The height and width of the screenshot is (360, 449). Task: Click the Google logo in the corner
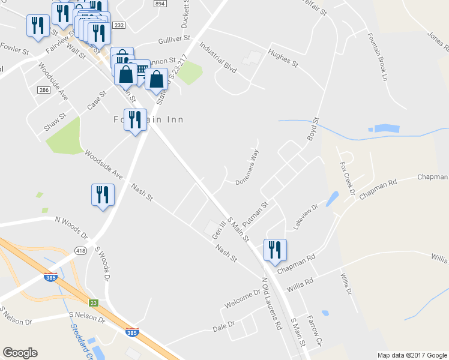coord(20,353)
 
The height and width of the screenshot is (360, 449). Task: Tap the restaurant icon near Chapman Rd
coord(276,250)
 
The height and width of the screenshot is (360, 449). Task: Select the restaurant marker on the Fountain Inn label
coord(134,120)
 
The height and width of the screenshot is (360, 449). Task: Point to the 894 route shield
coord(159,4)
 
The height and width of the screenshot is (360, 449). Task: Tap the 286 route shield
coord(43,89)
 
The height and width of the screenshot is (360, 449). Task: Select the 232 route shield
coord(118,25)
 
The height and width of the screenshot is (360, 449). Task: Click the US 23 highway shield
coord(93,303)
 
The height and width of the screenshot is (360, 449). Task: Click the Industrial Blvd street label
coord(218,57)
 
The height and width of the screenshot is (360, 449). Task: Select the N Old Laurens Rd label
coord(271,304)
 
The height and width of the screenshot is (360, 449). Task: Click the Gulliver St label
coord(174,38)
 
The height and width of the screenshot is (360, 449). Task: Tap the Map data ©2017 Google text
coord(411,355)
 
